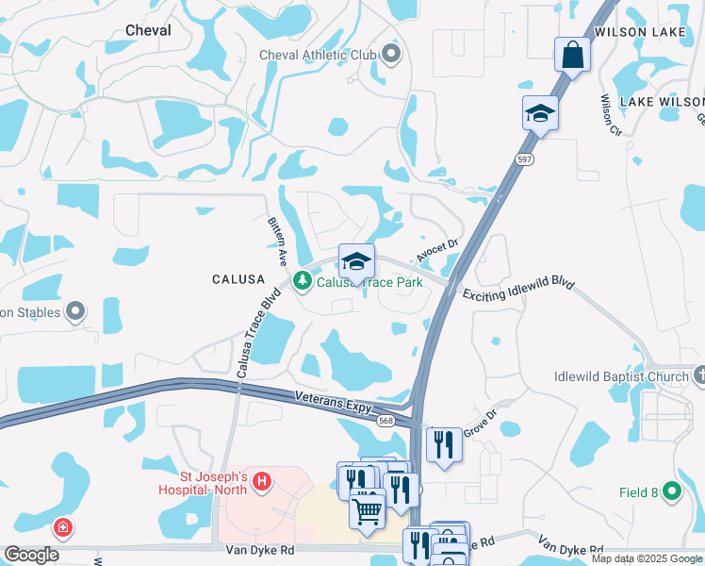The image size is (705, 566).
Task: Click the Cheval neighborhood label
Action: click(148, 30)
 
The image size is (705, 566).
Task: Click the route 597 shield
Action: click(525, 160)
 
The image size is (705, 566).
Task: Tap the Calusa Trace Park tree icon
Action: click(303, 281)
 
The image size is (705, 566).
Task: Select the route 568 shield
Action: click(385, 421)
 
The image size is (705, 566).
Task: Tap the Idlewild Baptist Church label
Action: click(621, 377)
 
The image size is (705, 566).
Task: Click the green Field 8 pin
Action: click(671, 491)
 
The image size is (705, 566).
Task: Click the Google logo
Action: click(32, 555)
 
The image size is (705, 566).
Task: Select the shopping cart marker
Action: click(367, 510)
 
